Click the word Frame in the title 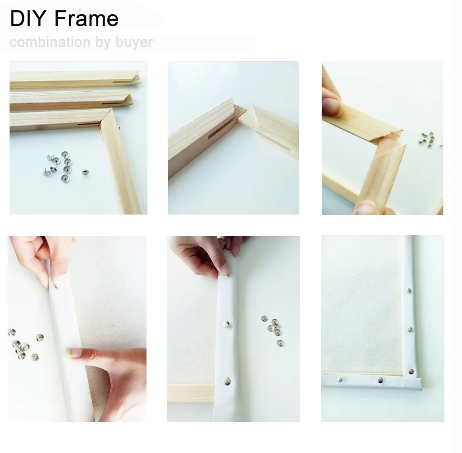pyautogui.click(x=86, y=19)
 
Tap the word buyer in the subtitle pyautogui.click(x=134, y=43)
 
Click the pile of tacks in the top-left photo pyautogui.click(x=60, y=163)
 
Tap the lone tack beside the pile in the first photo pyautogui.click(x=85, y=172)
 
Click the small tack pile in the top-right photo pyautogui.click(x=427, y=139)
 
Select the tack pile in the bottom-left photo pyautogui.click(x=22, y=345)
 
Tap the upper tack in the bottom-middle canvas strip pyautogui.click(x=226, y=325)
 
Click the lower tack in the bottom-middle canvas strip pyautogui.click(x=227, y=381)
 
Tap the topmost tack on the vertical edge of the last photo pyautogui.click(x=409, y=290)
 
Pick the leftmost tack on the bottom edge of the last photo pyautogui.click(x=339, y=379)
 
